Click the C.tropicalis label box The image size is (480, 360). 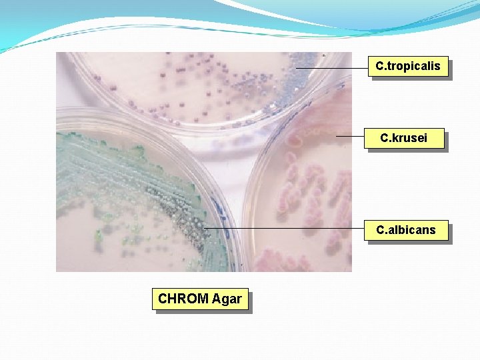coord(408,66)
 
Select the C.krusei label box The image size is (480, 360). coord(404,139)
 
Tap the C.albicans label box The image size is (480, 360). coord(406,230)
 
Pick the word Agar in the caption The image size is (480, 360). coord(227,299)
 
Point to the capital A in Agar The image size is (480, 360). coord(217,299)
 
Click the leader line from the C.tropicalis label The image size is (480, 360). coord(332,67)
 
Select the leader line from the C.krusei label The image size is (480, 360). coord(350,136)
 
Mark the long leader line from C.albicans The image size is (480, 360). coord(287,228)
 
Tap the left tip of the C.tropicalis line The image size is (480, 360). coord(296,67)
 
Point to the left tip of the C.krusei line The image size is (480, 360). coord(337,136)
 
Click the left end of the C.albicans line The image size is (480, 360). coord(205,228)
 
